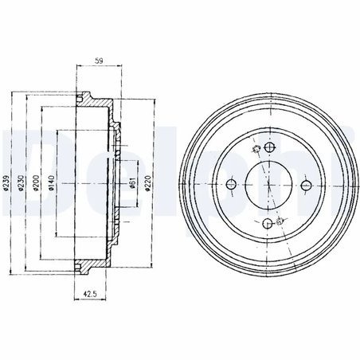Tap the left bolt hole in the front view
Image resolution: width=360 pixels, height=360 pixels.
(x=231, y=186)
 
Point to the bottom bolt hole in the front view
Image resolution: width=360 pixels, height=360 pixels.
(x=268, y=223)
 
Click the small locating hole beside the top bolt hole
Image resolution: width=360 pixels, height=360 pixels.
(x=254, y=151)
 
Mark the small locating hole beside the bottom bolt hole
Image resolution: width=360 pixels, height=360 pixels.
(x=283, y=220)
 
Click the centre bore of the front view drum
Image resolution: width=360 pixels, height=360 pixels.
(x=268, y=186)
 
